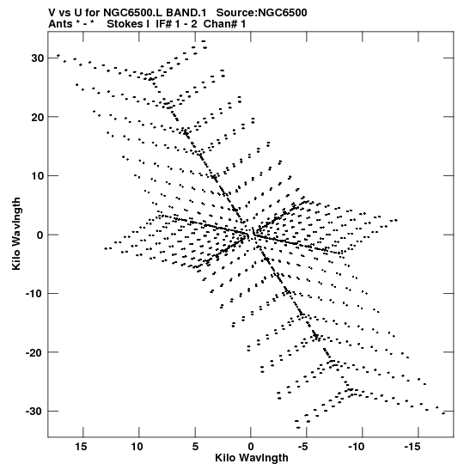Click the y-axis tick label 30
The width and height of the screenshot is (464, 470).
pyautogui.click(x=38, y=58)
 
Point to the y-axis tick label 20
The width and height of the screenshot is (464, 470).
pyautogui.click(x=38, y=117)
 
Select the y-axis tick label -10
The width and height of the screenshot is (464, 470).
pyautogui.click(x=34, y=293)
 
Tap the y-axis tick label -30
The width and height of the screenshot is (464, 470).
pyautogui.click(x=34, y=411)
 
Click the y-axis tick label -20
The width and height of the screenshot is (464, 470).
pyautogui.click(x=34, y=352)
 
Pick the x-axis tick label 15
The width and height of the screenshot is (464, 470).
pyautogui.click(x=81, y=447)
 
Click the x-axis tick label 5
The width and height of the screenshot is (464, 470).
pyautogui.click(x=195, y=447)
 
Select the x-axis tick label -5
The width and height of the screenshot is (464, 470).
pyautogui.click(x=303, y=447)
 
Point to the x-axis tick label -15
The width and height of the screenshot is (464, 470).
pyautogui.click(x=412, y=447)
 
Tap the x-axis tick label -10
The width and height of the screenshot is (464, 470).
pyautogui.click(x=357, y=447)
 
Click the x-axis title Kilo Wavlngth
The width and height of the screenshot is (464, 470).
pyautogui.click(x=252, y=458)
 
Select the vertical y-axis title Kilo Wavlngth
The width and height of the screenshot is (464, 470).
pyautogui.click(x=16, y=234)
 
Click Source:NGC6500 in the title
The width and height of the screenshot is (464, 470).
pyautogui.click(x=262, y=13)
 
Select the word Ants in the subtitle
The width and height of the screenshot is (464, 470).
pyautogui.click(x=60, y=24)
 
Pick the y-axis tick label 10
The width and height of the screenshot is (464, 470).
pyautogui.click(x=38, y=175)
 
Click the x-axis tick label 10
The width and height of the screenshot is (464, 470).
pyautogui.click(x=137, y=447)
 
